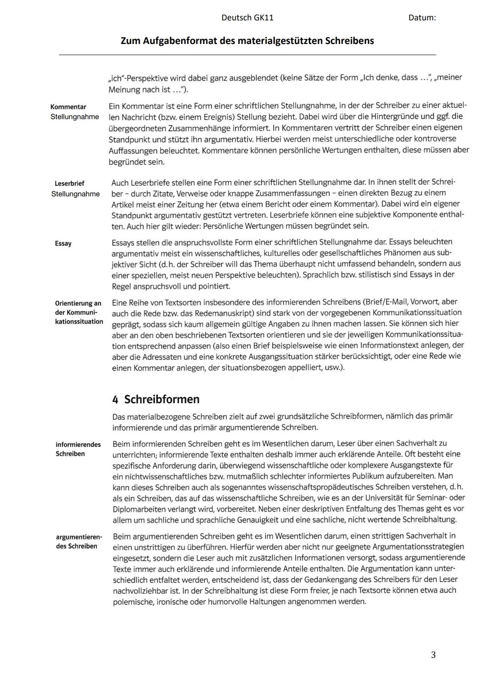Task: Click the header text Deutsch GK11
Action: tap(247, 18)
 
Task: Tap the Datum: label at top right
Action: tap(422, 18)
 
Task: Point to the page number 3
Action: tap(433, 655)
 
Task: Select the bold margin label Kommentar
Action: tap(68, 107)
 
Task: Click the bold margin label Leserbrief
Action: tap(69, 183)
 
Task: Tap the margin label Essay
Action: tap(63, 243)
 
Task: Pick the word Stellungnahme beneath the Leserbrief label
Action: tap(75, 194)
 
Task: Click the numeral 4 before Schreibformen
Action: tap(115, 399)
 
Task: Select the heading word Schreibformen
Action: tap(162, 399)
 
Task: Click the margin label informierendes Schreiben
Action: tap(78, 449)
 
